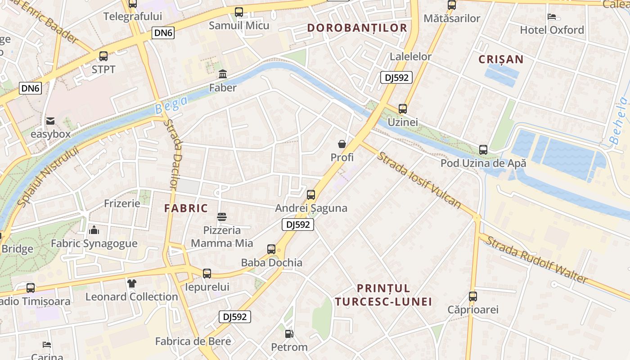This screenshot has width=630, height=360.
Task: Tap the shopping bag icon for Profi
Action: (x=342, y=144)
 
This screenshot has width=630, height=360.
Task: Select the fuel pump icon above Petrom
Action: (x=289, y=334)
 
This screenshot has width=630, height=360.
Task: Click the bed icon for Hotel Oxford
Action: (x=552, y=17)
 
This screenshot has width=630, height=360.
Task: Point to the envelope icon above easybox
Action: (x=50, y=121)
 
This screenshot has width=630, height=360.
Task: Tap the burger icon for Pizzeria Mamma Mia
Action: (x=222, y=217)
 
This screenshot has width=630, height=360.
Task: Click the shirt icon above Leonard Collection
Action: (x=131, y=283)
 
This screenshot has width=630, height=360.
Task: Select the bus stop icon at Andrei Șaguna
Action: (x=311, y=195)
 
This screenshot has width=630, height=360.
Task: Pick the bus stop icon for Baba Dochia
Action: (x=271, y=249)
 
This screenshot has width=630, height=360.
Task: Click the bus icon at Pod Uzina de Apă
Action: (x=483, y=150)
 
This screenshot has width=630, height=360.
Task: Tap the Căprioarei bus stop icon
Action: (x=472, y=297)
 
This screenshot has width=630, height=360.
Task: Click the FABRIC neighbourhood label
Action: (x=186, y=208)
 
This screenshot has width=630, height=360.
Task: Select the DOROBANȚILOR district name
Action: (x=357, y=28)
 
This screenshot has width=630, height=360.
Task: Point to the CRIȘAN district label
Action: (x=501, y=59)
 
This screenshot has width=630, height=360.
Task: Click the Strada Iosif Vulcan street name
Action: (x=419, y=180)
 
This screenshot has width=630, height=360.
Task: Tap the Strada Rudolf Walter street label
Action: (x=535, y=260)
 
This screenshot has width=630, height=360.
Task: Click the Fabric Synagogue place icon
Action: (x=94, y=230)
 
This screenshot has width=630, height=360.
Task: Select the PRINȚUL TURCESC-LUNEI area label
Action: (x=383, y=295)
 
